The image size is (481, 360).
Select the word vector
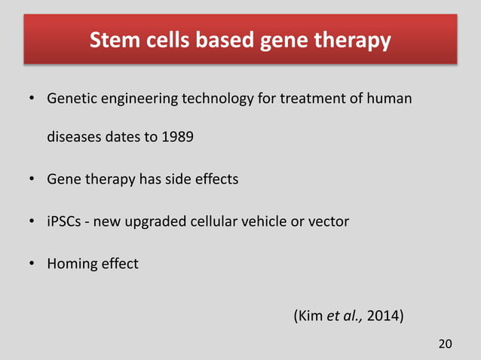click(x=329, y=222)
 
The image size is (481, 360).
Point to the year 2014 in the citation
click(x=385, y=314)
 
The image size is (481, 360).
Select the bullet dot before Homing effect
click(x=33, y=264)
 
